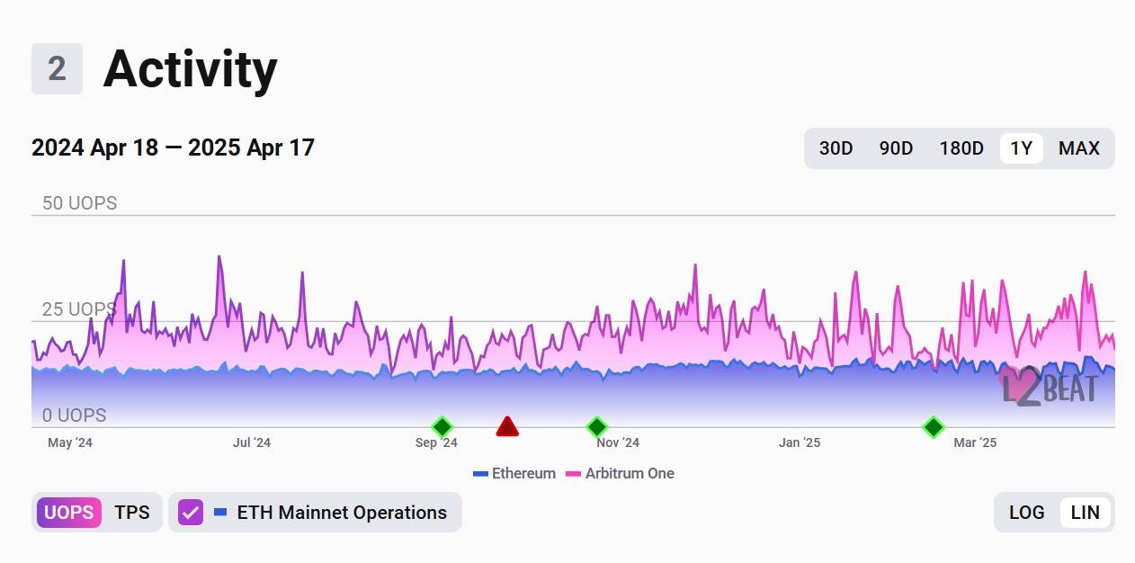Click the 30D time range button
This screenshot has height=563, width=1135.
pyautogui.click(x=836, y=148)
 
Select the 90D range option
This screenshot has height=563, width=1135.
pyautogui.click(x=896, y=148)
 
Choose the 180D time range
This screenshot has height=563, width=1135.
pyautogui.click(x=961, y=148)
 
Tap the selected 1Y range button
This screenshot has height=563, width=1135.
pyautogui.click(x=1021, y=148)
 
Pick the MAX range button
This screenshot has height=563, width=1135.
pyautogui.click(x=1078, y=148)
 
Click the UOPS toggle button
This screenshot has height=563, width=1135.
pyautogui.click(x=68, y=513)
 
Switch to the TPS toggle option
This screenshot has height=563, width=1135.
pyautogui.click(x=132, y=513)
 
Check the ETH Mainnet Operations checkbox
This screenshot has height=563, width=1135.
pyautogui.click(x=191, y=513)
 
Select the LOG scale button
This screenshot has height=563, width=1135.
pyautogui.click(x=1026, y=513)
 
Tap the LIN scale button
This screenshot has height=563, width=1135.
pyautogui.click(x=1086, y=513)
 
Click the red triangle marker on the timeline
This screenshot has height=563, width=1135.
pyautogui.click(x=507, y=426)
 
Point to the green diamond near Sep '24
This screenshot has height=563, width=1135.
pyautogui.click(x=442, y=426)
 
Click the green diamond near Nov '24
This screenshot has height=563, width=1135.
pyautogui.click(x=596, y=426)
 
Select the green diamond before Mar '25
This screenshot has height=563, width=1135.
pyautogui.click(x=934, y=426)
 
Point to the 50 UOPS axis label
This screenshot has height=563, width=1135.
pyautogui.click(x=80, y=203)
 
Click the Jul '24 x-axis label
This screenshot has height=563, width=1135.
pyautogui.click(x=252, y=442)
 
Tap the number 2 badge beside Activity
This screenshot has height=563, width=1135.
pyautogui.click(x=57, y=69)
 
